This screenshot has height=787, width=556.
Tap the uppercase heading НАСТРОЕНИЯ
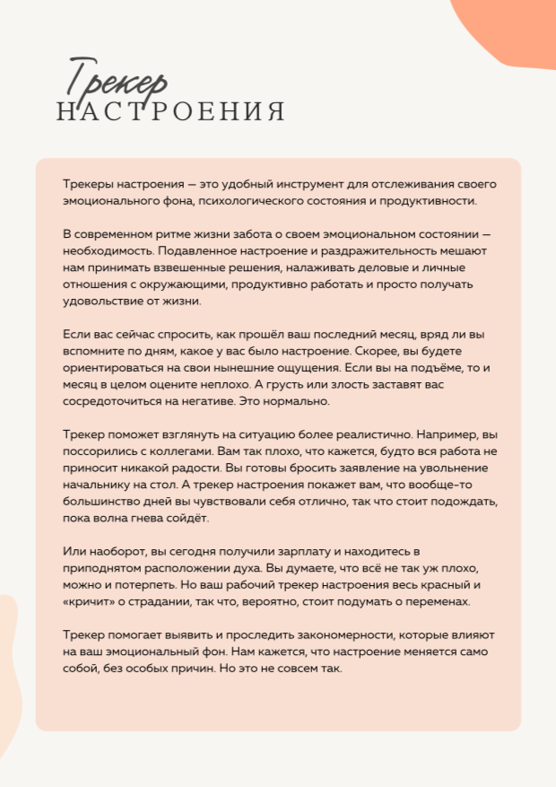click(170, 112)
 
